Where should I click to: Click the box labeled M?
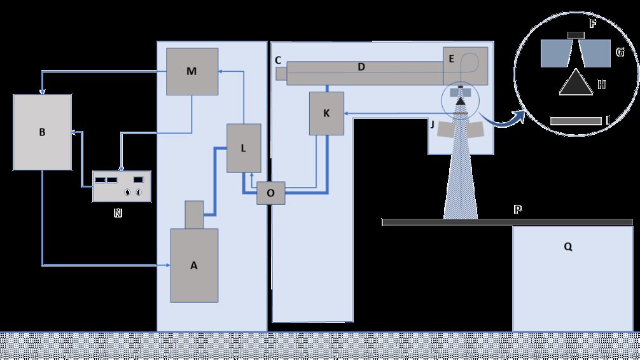(191, 71)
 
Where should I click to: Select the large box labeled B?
(42, 132)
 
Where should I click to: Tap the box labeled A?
(194, 265)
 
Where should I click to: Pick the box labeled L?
(244, 148)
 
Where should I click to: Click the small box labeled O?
(271, 193)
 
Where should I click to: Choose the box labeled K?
(326, 113)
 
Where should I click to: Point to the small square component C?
(281, 74)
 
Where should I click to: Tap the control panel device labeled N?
(122, 186)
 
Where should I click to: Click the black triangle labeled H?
(576, 83)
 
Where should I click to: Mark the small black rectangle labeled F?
(576, 34)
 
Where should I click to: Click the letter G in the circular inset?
(620, 52)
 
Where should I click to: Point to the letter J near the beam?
(432, 125)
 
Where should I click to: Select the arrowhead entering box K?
(347, 113)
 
